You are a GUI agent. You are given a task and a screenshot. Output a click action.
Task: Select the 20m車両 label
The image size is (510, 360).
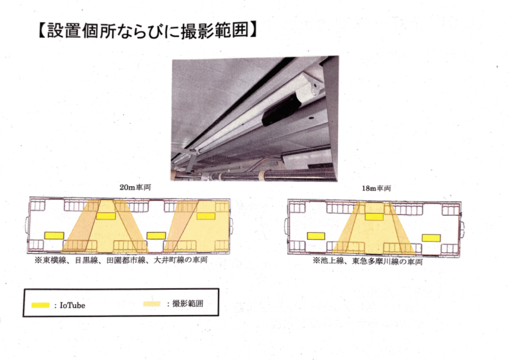point(135,187)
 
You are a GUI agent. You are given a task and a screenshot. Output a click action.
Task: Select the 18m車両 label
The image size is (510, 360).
point(376,188)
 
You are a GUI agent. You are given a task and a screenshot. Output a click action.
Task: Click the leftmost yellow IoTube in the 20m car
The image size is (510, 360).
point(54,236)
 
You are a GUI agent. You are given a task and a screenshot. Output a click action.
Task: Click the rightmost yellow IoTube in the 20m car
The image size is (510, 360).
point(206,216)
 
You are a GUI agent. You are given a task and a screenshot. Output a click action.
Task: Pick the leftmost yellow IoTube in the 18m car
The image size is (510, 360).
point(316,236)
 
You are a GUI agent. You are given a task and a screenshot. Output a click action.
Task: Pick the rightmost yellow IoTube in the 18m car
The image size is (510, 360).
point(431,238)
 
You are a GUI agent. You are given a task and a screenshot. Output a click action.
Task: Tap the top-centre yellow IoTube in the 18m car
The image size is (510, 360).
point(374,217)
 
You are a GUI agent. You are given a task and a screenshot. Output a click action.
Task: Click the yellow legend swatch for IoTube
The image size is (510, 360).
point(40,305)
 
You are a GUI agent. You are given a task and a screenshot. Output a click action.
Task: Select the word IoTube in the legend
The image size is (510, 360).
point(72,305)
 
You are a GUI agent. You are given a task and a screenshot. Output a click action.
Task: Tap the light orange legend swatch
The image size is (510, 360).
point(152,304)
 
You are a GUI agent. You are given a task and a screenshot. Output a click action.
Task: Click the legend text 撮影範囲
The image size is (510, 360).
point(188,304)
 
